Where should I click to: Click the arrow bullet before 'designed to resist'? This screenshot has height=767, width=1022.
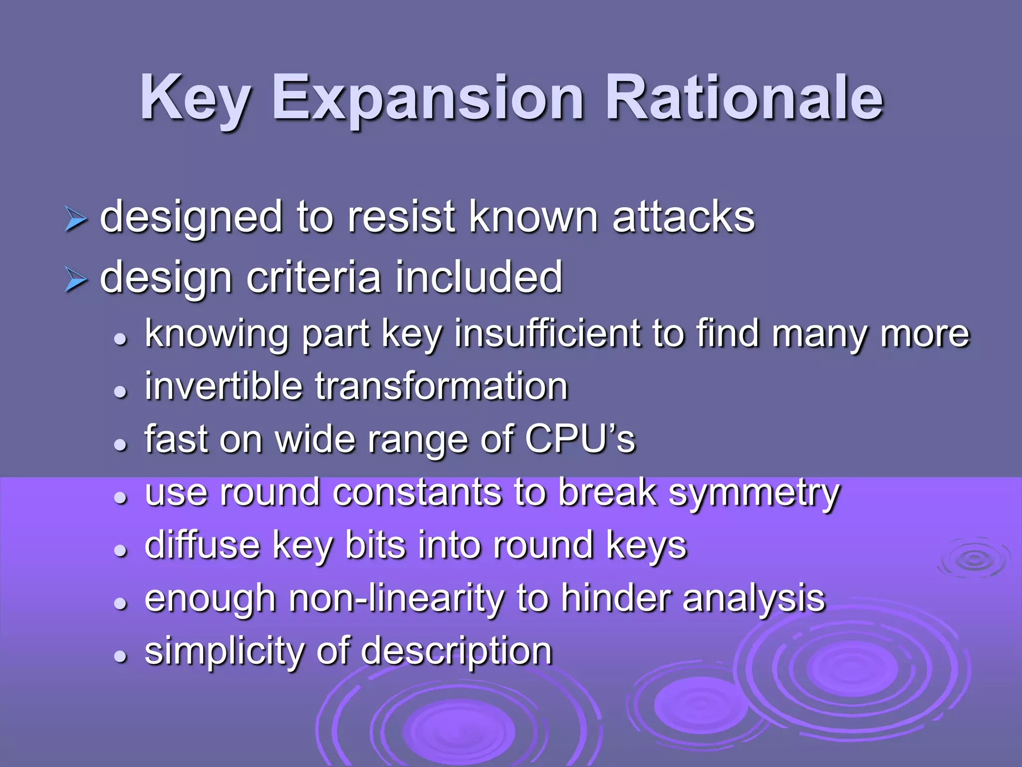76,220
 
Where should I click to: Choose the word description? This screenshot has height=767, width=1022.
456,651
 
